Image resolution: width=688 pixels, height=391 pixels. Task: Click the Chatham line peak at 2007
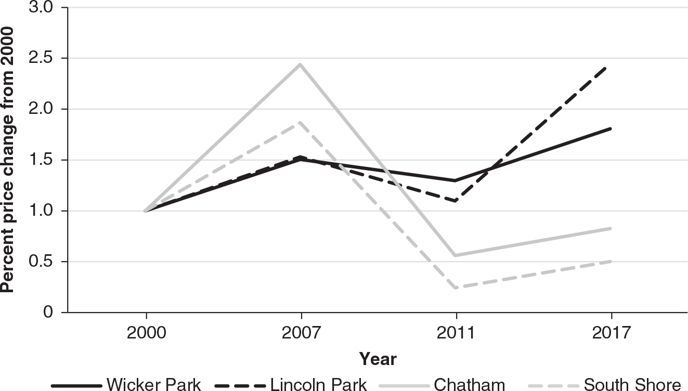301,64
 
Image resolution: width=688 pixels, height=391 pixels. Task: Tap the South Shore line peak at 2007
301,123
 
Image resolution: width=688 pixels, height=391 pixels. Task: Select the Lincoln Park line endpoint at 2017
611,67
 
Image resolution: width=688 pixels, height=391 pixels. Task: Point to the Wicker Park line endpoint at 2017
611,128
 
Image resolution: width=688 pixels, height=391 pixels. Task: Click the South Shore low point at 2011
456,288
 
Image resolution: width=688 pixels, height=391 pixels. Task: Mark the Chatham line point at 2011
456,255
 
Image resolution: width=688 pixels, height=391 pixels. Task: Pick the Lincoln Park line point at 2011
456,201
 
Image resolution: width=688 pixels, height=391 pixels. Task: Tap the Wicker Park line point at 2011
456,180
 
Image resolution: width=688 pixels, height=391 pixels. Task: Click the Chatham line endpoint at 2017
611,228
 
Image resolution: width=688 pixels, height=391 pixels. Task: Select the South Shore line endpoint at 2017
611,261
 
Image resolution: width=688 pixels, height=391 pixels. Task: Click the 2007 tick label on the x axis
301,332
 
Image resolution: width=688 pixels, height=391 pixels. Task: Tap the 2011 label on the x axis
456,332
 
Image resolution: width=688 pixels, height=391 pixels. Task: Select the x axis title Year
378,359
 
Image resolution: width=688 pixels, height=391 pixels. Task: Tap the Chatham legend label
469,385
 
